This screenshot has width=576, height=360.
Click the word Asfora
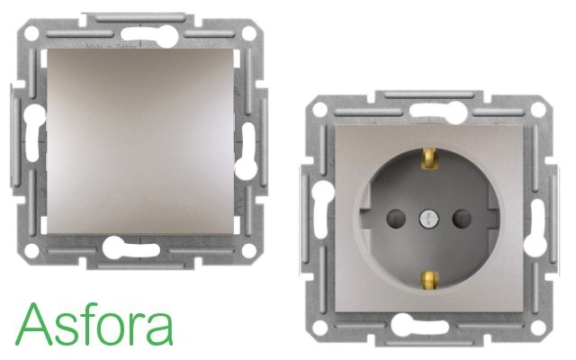[x=94, y=324]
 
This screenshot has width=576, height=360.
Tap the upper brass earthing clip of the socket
[x=431, y=158]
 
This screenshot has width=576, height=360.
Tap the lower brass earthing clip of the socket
[x=430, y=281]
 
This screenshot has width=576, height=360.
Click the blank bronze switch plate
[x=140, y=141]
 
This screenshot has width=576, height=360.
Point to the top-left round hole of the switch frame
[x=31, y=33]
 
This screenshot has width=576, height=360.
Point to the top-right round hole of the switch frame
[x=249, y=33]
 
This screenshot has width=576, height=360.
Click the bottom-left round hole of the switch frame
[x=31, y=250]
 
